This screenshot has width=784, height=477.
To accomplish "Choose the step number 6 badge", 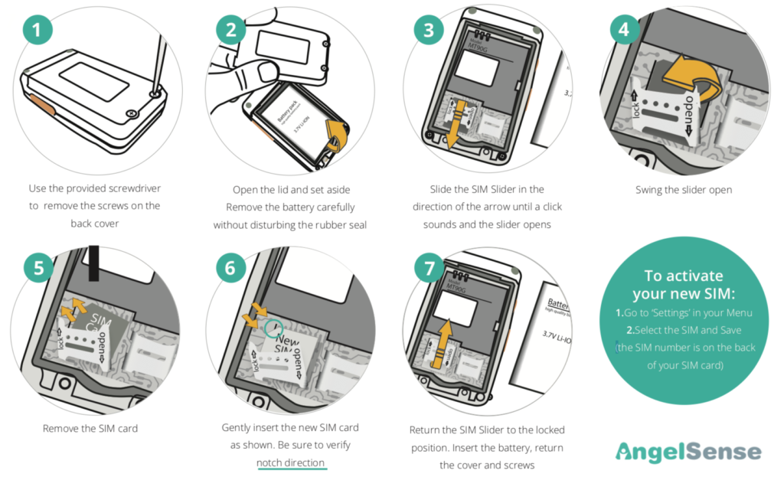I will [x=232, y=270].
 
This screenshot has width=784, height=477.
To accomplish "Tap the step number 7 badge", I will [x=429, y=270].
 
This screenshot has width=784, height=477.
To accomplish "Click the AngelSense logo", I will [x=688, y=451].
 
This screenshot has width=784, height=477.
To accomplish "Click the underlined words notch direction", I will [x=291, y=462].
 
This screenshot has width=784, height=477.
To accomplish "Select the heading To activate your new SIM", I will [x=683, y=285].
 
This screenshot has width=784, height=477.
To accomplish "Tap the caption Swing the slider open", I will [x=684, y=190].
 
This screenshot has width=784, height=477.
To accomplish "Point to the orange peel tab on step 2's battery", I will [x=334, y=135].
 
